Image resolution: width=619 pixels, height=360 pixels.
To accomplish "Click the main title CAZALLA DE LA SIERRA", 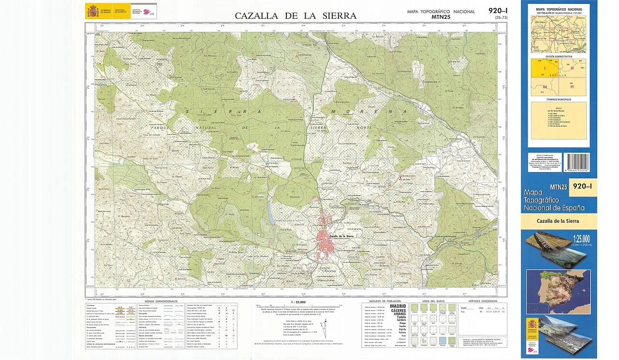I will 295,15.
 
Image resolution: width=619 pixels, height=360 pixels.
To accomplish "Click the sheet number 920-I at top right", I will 498,11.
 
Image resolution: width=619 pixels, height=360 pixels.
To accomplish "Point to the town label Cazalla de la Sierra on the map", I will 343,236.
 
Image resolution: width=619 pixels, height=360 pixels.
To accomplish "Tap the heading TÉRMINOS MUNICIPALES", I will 559,100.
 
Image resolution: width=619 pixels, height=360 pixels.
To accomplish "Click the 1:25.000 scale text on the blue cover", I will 581,238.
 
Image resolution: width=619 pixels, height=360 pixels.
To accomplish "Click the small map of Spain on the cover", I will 559,291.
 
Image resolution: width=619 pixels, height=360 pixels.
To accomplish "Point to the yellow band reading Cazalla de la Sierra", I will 559,221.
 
